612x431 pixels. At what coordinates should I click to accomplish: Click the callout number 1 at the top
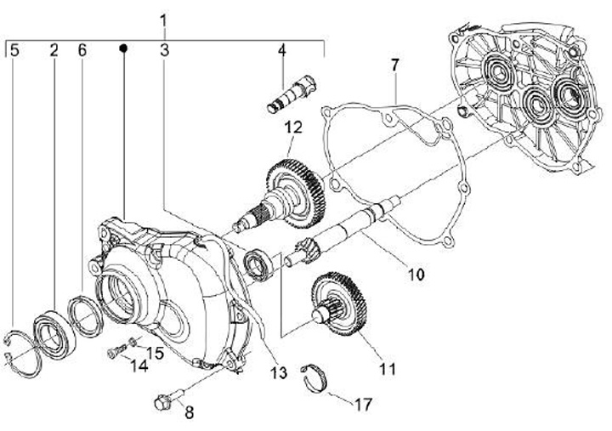164,19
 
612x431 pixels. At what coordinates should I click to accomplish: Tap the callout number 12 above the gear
292,128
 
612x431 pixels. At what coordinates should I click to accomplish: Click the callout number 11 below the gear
388,369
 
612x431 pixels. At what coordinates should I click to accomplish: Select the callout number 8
189,413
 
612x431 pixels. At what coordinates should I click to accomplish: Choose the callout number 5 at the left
14,50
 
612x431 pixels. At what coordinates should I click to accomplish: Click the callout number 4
281,50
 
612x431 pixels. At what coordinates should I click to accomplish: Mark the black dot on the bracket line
124,48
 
